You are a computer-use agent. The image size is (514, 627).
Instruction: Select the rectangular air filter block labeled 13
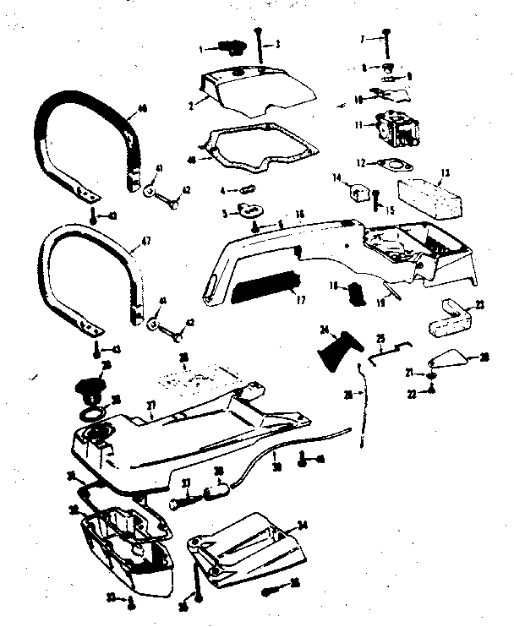[429, 194]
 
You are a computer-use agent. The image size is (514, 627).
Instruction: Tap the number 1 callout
[201, 50]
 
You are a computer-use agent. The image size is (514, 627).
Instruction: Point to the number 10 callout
[358, 99]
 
